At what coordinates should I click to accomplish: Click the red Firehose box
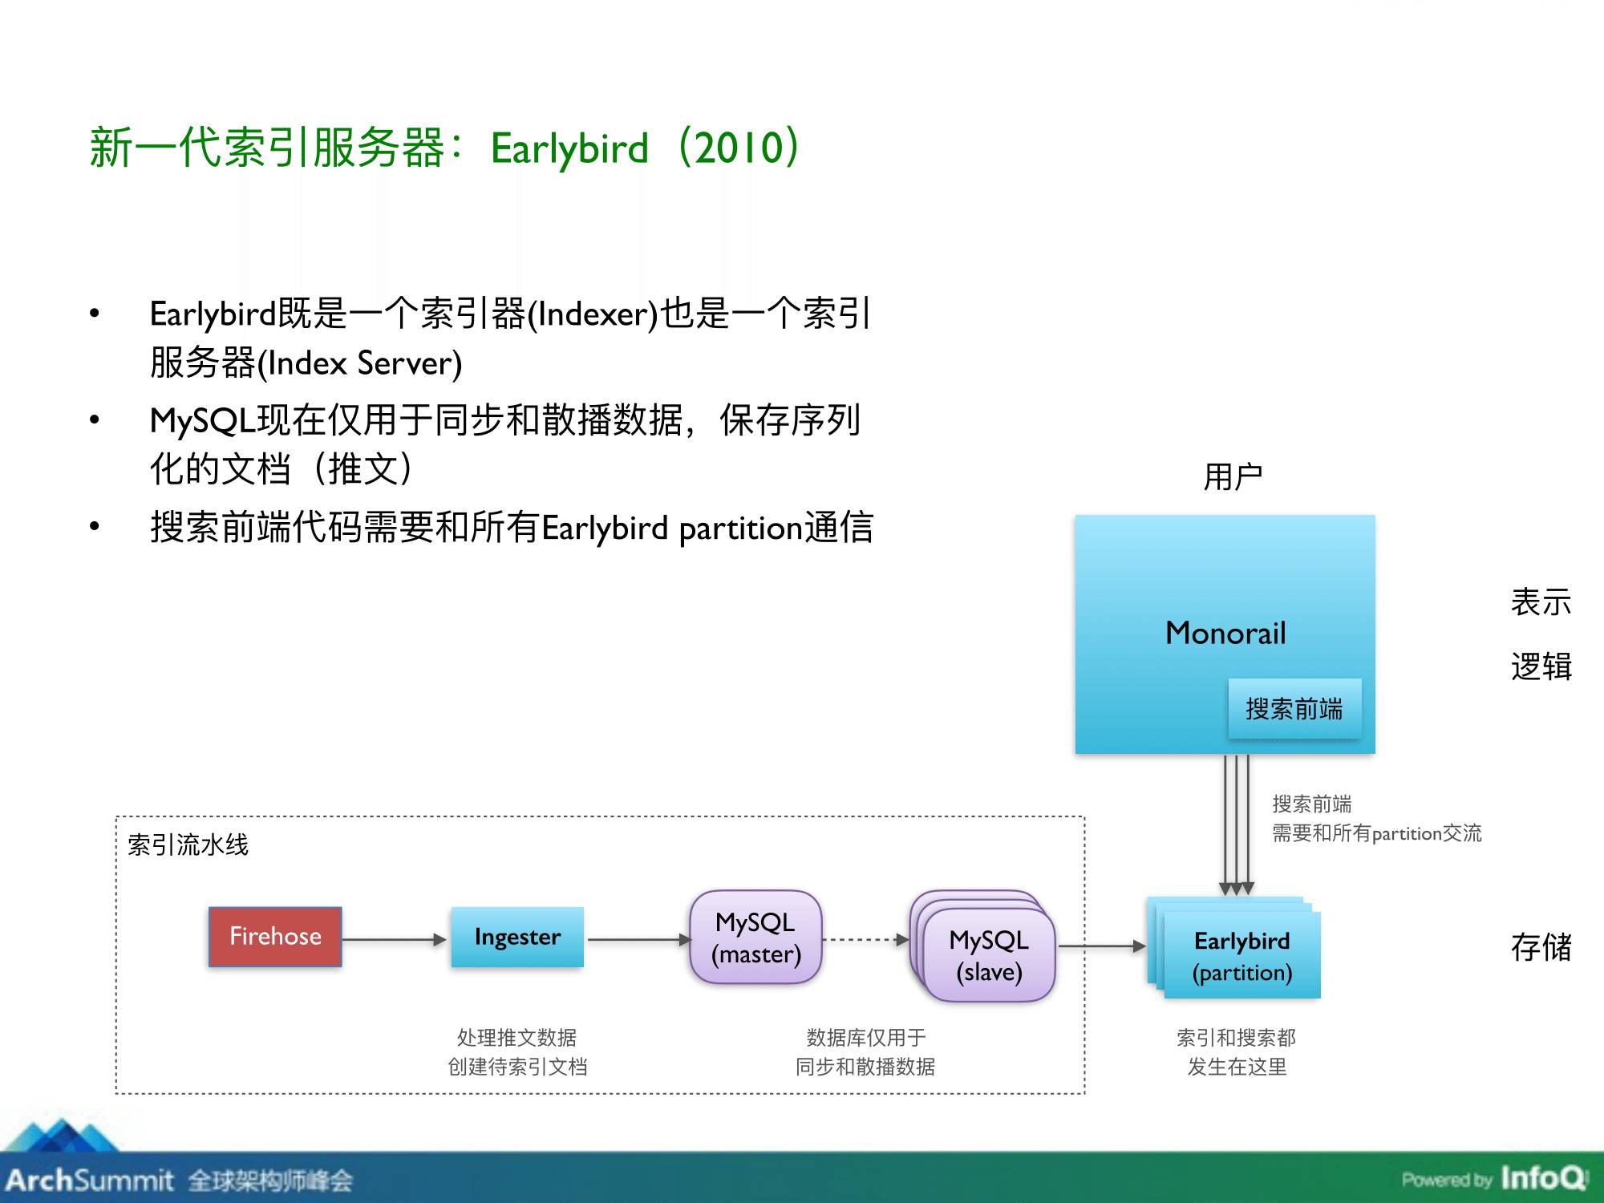click(275, 937)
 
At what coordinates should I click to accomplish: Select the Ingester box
click(517, 937)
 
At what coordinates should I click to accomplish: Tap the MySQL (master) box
click(755, 938)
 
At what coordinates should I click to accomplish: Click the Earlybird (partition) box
click(1241, 956)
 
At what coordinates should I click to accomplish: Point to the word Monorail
click(1225, 634)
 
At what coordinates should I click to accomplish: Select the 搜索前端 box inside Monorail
click(1294, 709)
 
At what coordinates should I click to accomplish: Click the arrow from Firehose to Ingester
click(394, 939)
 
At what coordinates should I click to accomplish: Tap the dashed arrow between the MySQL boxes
click(865, 939)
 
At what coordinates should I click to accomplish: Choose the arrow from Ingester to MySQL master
click(638, 939)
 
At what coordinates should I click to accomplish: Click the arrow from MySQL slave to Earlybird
click(1102, 946)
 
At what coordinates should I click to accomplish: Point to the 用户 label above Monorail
click(1233, 477)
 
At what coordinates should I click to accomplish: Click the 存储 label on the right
click(1541, 947)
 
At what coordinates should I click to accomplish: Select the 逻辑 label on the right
click(1541, 666)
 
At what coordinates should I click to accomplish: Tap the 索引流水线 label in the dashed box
click(188, 845)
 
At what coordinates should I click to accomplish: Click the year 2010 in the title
click(739, 148)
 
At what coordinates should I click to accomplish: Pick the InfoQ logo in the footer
click(1543, 1178)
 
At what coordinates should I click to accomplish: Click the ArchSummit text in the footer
click(90, 1180)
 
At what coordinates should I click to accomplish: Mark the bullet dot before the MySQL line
click(95, 419)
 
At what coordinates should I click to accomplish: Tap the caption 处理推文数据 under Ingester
click(516, 1038)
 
